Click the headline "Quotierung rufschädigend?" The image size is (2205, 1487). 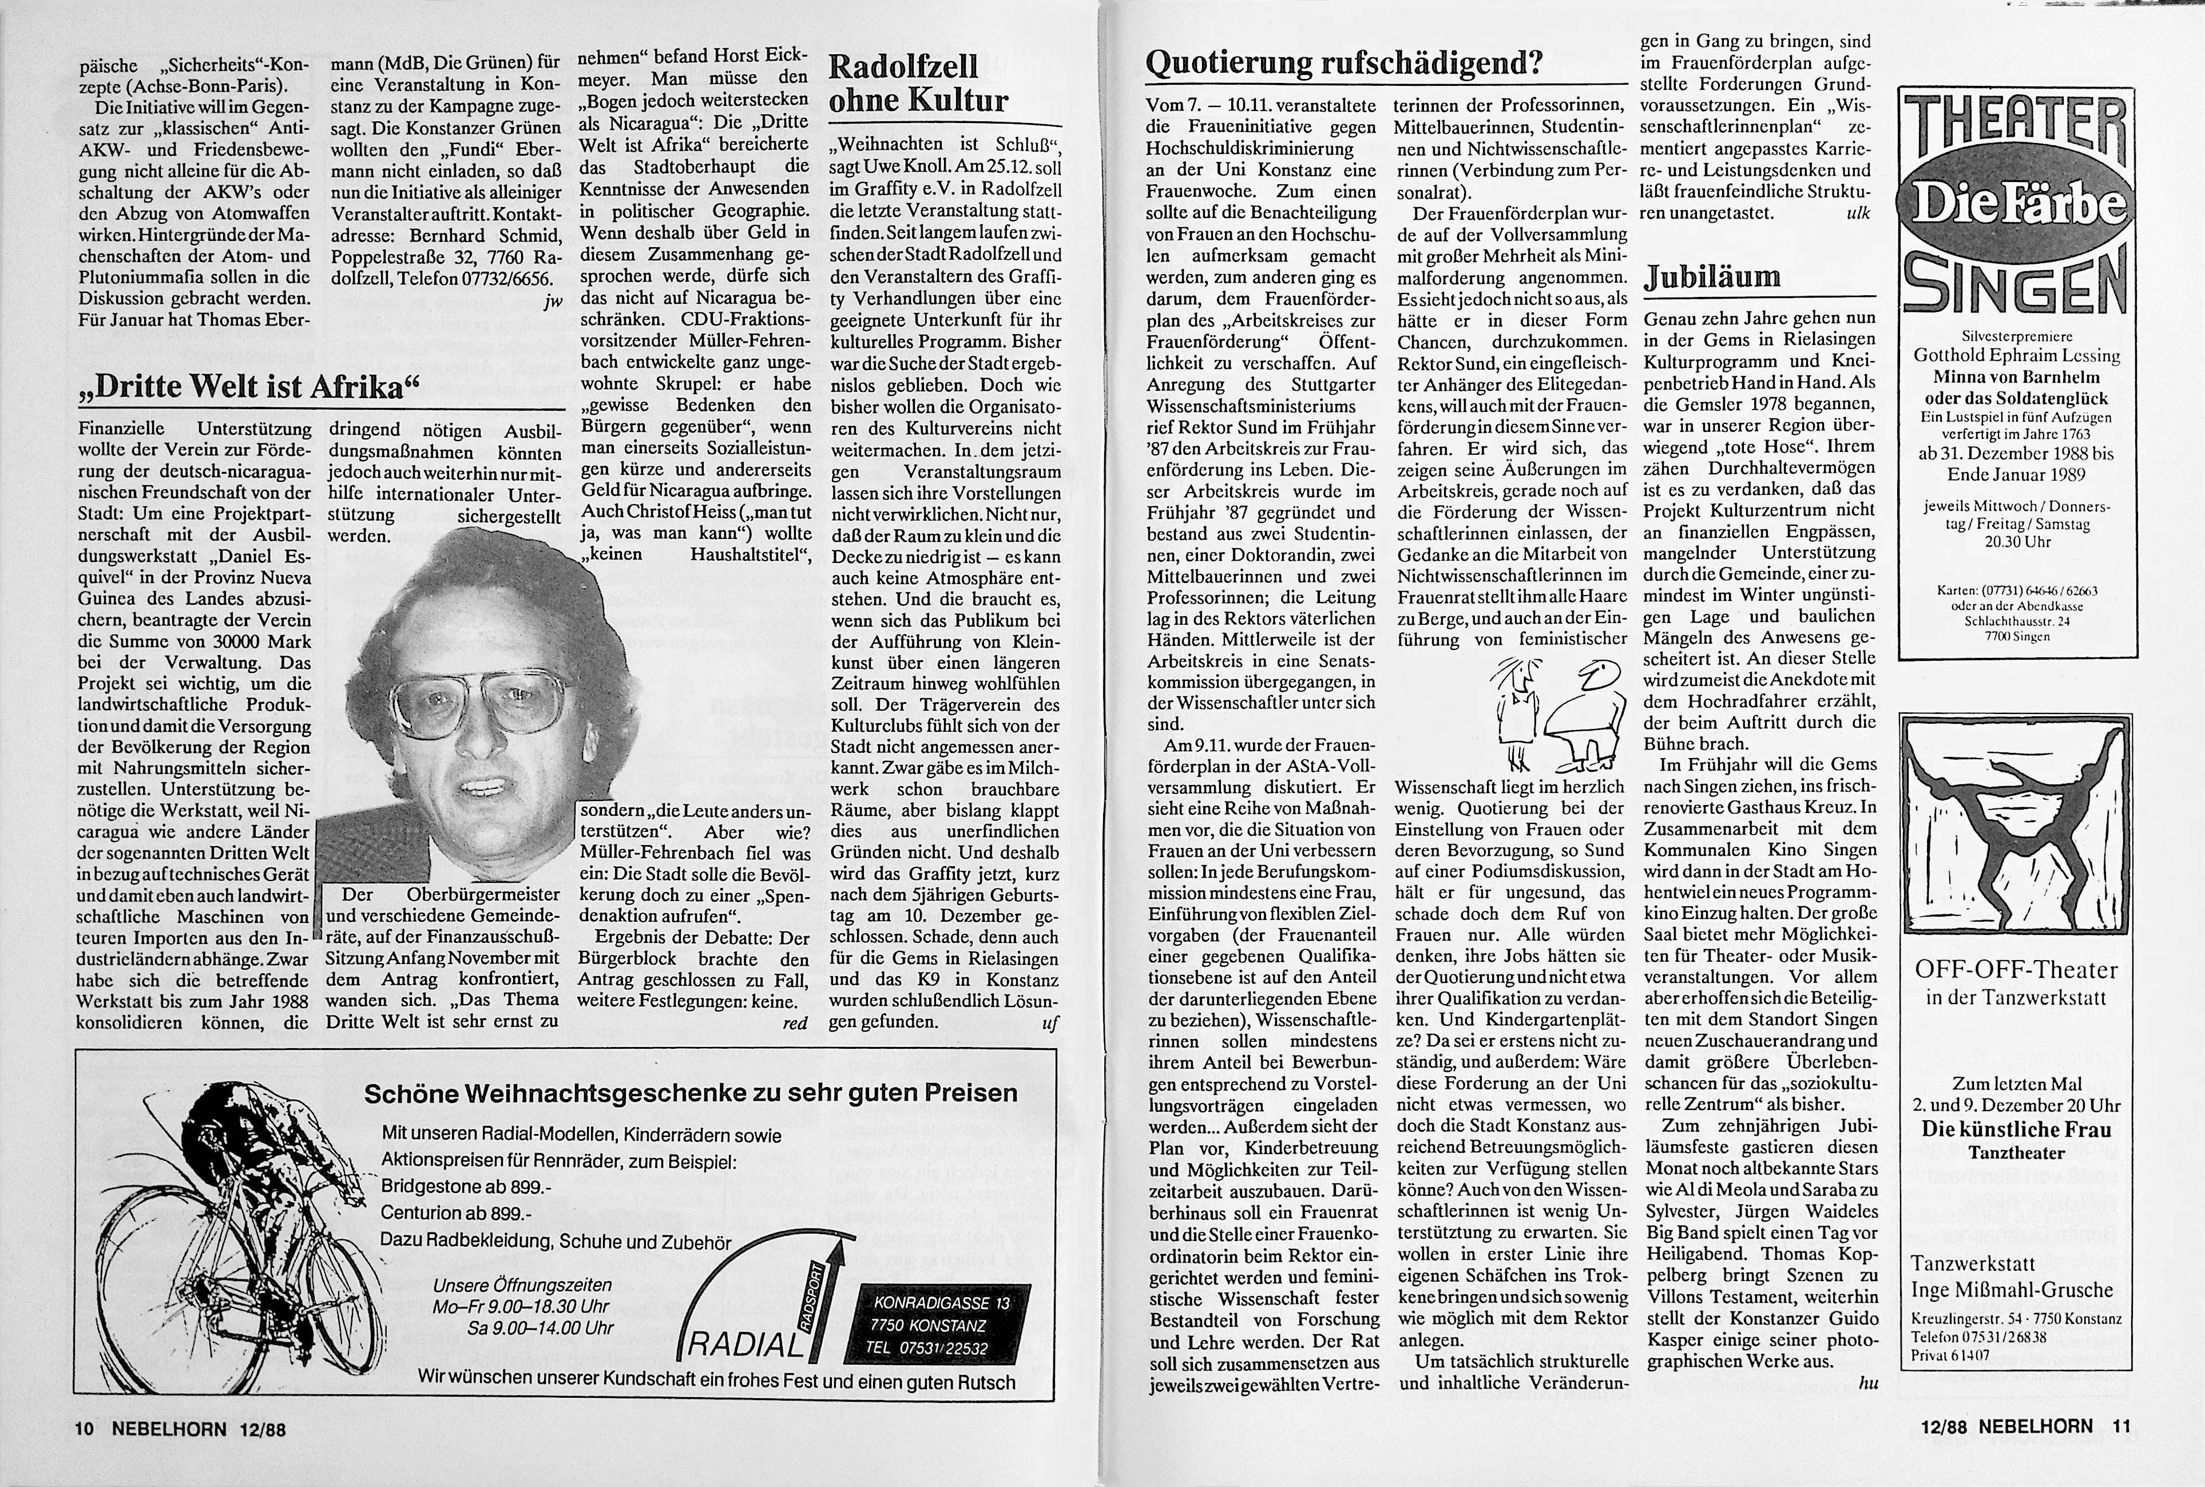tap(1345, 64)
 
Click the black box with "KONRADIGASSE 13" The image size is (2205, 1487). tap(942, 1325)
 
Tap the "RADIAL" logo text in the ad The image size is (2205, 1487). tap(744, 1344)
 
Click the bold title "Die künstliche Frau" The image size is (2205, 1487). tap(2014, 1129)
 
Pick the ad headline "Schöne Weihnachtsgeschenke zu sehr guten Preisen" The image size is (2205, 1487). tap(691, 1092)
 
